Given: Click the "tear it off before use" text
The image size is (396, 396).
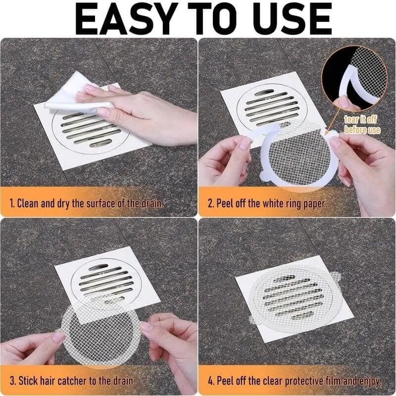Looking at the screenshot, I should click(x=363, y=125).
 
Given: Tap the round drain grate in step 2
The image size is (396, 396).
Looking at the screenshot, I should click(x=267, y=106).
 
